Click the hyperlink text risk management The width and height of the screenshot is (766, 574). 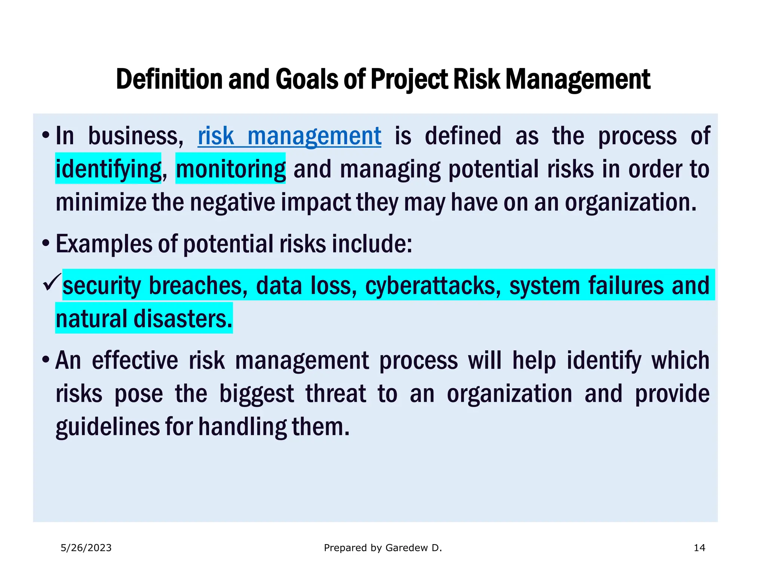[x=289, y=136]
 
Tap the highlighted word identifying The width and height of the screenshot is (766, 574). [x=108, y=169]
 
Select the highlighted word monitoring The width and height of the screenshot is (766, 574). [x=230, y=169]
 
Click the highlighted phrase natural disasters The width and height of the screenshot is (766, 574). [x=144, y=319]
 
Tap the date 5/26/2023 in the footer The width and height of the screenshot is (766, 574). [x=86, y=548]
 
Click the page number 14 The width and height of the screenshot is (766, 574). [x=699, y=548]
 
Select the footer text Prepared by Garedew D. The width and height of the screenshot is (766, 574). [x=383, y=548]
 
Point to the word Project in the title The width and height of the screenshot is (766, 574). [x=409, y=79]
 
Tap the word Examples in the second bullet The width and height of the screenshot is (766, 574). [x=104, y=244]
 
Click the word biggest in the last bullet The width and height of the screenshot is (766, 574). [x=257, y=394]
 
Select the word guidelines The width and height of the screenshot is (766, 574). [x=107, y=427]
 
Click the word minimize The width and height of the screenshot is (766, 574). [x=101, y=202]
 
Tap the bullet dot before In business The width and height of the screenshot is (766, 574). [x=46, y=135]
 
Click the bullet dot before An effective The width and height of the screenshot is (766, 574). [x=46, y=360]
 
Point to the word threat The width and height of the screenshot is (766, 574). [x=335, y=394]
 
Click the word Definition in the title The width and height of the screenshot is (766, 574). [x=169, y=79]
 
